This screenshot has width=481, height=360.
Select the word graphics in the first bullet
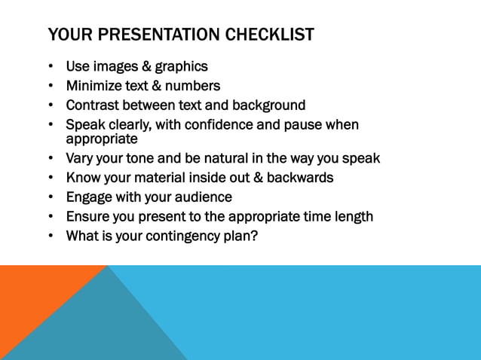(x=180, y=67)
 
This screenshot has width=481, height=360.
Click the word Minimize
(x=94, y=86)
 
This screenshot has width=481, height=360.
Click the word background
(x=270, y=105)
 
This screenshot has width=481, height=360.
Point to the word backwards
(x=300, y=178)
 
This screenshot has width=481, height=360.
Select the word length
(x=353, y=217)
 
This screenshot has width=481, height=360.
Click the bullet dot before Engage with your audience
(x=51, y=197)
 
